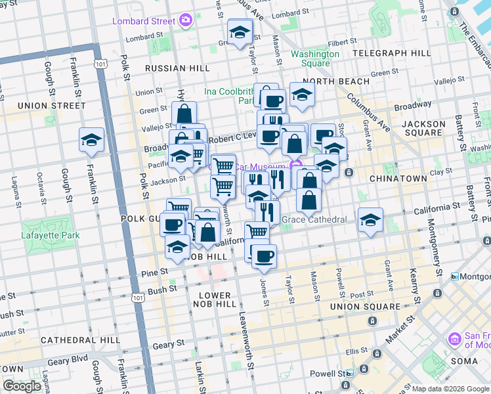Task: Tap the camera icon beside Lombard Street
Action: point(186,20)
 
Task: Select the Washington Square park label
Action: point(310,58)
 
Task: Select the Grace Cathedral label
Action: point(314,219)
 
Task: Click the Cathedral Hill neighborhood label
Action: point(80,340)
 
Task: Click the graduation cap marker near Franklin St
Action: point(91,139)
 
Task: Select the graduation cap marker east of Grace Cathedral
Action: point(371,221)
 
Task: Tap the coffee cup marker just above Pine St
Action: point(264,256)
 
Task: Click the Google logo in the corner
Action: point(22,386)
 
